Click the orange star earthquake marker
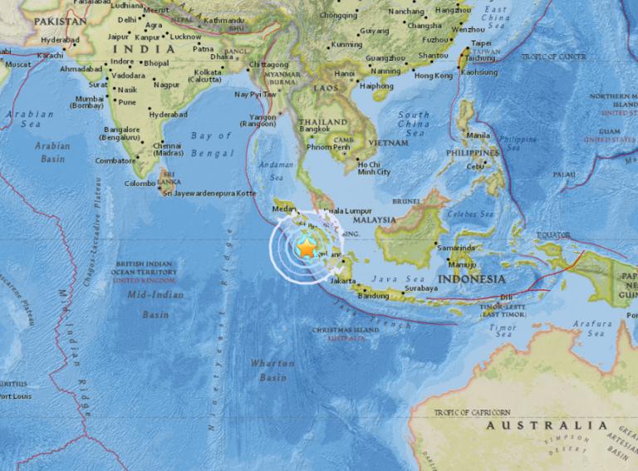coord(307,248)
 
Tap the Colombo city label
coord(140,183)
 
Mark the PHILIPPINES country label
coord(473,154)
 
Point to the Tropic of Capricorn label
coord(470,411)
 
